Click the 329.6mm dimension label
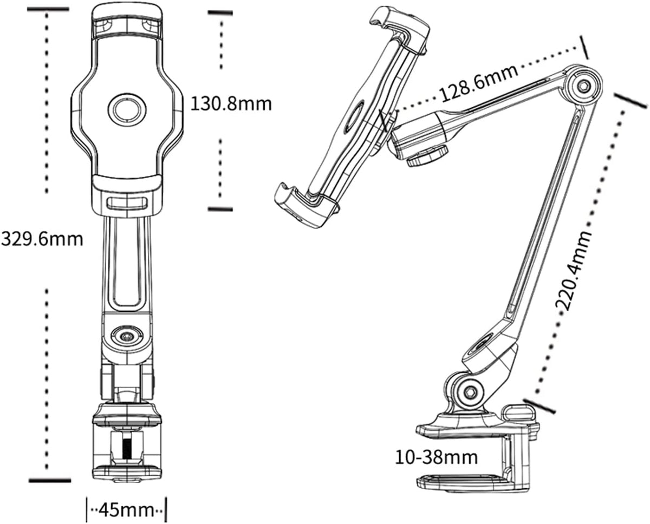[42, 239]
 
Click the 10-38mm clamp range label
[437, 457]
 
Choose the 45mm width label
[126, 509]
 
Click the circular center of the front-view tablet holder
[127, 110]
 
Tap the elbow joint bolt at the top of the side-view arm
[583, 86]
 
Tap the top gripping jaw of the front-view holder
[127, 22]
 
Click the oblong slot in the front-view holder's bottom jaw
[127, 204]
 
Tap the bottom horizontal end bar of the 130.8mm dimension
[219, 208]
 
